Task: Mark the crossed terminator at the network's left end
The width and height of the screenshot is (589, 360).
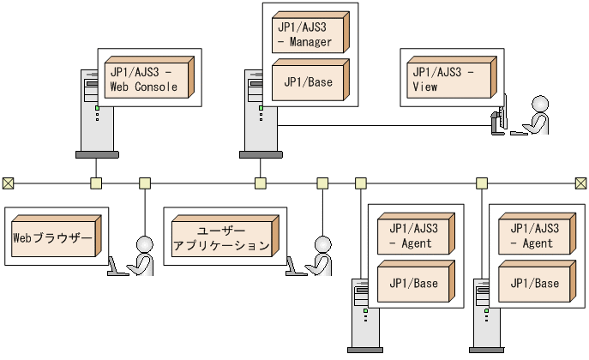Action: (9, 183)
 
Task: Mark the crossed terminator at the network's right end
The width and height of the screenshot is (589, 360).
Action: (580, 183)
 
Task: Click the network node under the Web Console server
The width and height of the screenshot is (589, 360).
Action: (96, 183)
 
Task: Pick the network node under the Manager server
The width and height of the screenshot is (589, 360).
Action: (260, 183)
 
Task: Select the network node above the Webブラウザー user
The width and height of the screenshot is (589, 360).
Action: (145, 183)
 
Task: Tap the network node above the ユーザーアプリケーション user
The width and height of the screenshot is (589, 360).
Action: (322, 183)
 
